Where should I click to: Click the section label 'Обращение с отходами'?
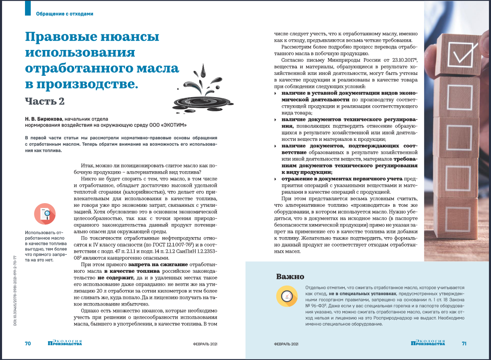point(65,14)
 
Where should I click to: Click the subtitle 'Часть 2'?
point(44,100)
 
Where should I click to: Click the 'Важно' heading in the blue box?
point(290,276)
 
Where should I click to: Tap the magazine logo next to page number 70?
point(65,343)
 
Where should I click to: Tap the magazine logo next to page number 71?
point(428,343)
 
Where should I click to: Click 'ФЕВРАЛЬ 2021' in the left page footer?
point(205,344)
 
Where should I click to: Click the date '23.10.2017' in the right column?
point(393,60)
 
